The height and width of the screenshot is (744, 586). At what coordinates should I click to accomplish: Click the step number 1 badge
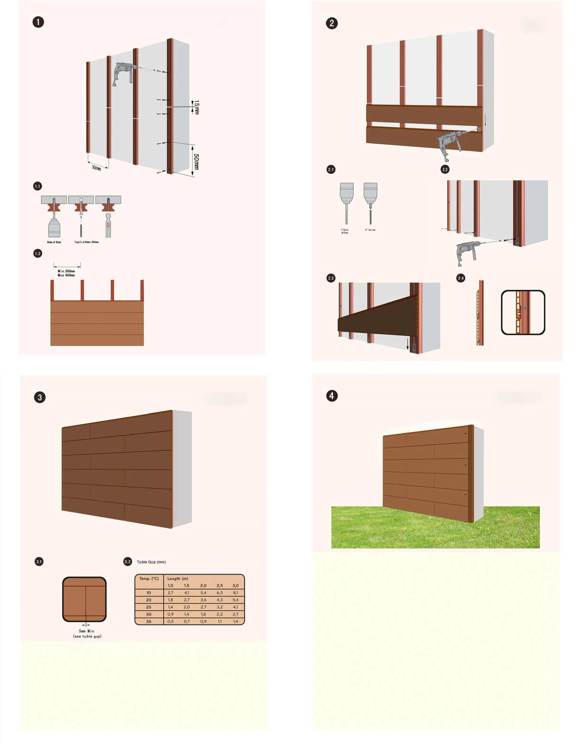38,22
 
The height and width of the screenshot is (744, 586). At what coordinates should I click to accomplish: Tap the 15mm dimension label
197,107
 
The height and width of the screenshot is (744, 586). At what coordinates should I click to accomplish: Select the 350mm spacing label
96,168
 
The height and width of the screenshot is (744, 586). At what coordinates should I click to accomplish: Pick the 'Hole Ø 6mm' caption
54,242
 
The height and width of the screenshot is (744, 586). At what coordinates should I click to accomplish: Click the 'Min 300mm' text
66,271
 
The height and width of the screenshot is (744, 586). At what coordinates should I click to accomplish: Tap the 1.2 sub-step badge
38,254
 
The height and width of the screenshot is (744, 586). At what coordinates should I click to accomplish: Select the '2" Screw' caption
370,230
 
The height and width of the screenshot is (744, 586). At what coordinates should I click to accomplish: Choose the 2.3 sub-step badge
331,278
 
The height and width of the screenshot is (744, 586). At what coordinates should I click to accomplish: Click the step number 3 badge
40,397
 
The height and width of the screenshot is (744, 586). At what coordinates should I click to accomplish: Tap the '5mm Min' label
86,631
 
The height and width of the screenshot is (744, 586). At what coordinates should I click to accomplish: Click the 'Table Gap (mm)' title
151,562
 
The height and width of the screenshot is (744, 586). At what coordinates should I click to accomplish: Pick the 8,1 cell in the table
235,593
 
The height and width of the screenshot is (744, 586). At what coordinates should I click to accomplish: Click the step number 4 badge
331,396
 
